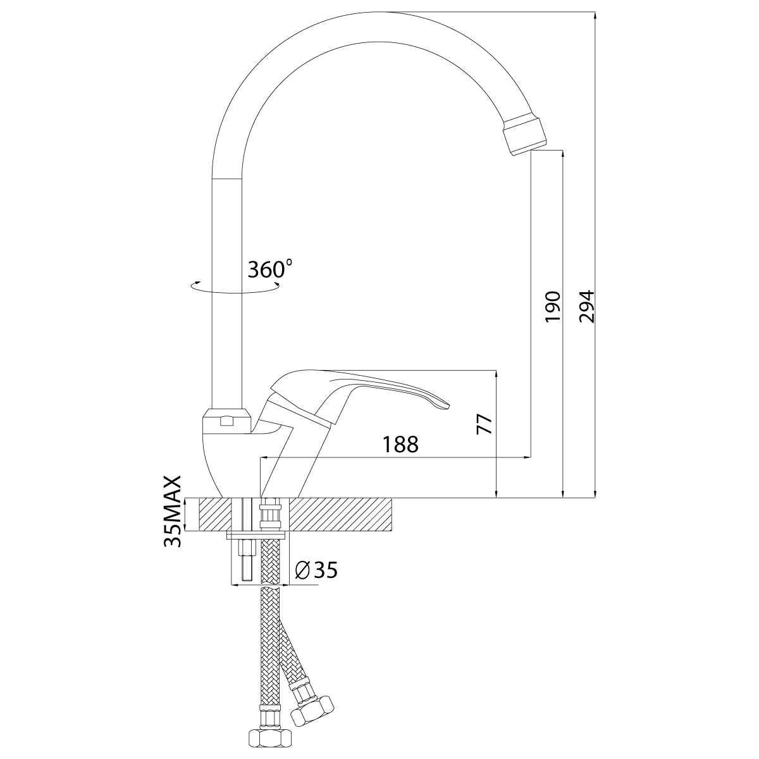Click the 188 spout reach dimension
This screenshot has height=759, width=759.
pyautogui.click(x=400, y=444)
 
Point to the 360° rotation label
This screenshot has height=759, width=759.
pyautogui.click(x=270, y=269)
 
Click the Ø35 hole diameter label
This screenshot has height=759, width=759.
pyautogui.click(x=316, y=569)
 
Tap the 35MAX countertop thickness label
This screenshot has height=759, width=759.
pyautogui.click(x=173, y=511)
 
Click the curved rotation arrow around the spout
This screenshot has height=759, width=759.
pyautogui.click(x=235, y=287)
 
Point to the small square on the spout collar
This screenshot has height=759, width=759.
pyautogui.click(x=226, y=421)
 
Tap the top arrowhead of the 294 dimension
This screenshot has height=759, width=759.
pyautogui.click(x=595, y=16)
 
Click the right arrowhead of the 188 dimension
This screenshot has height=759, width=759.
pyautogui.click(x=526, y=457)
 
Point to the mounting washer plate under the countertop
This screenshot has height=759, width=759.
pyautogui.click(x=256, y=536)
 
